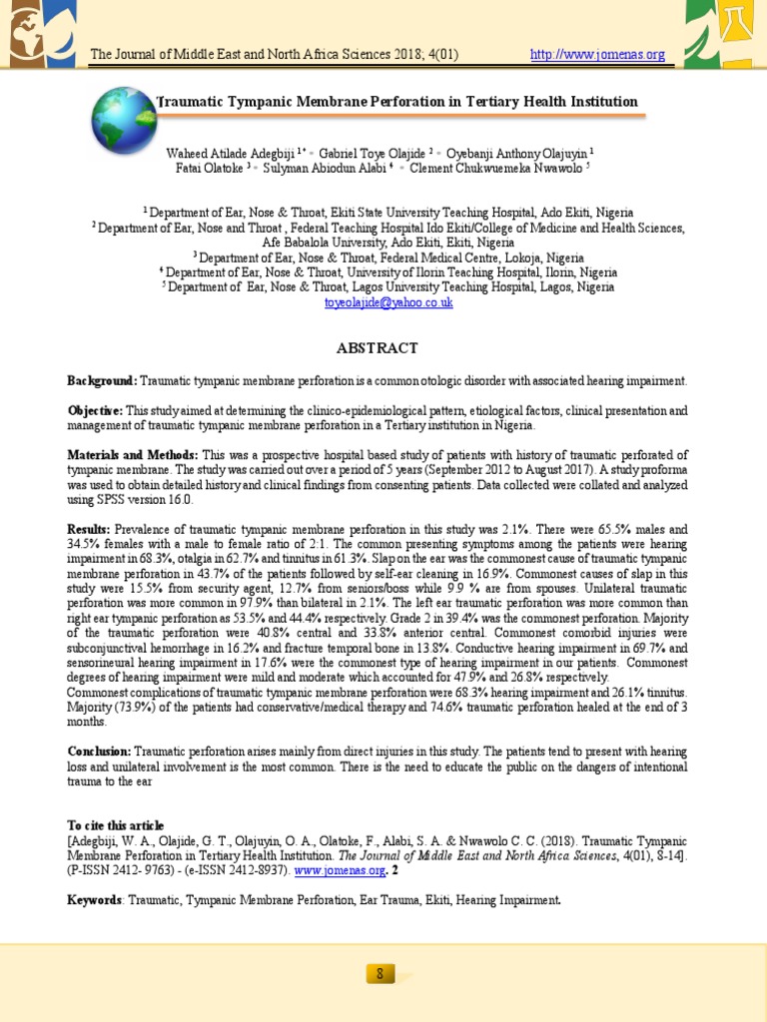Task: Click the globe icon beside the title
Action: coord(125,119)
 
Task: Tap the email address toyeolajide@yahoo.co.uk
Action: coord(383,301)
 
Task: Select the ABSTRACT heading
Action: coord(383,348)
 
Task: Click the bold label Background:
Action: coord(102,381)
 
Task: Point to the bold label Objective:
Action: coord(95,411)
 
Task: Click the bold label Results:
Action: coord(89,529)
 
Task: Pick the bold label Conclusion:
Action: coord(99,752)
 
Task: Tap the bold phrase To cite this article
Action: coord(115,825)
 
